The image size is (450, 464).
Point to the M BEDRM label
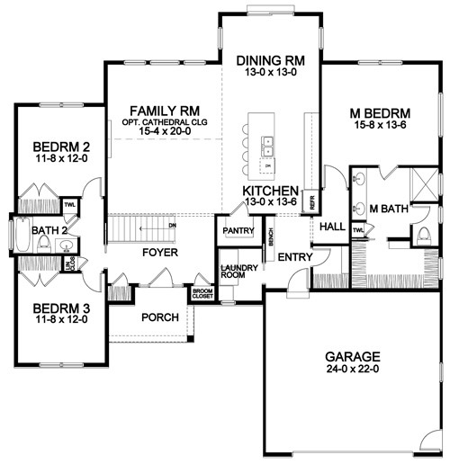[379, 114]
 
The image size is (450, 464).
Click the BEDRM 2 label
[57, 147]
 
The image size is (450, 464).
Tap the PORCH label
[158, 318]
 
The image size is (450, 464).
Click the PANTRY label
[238, 231]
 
